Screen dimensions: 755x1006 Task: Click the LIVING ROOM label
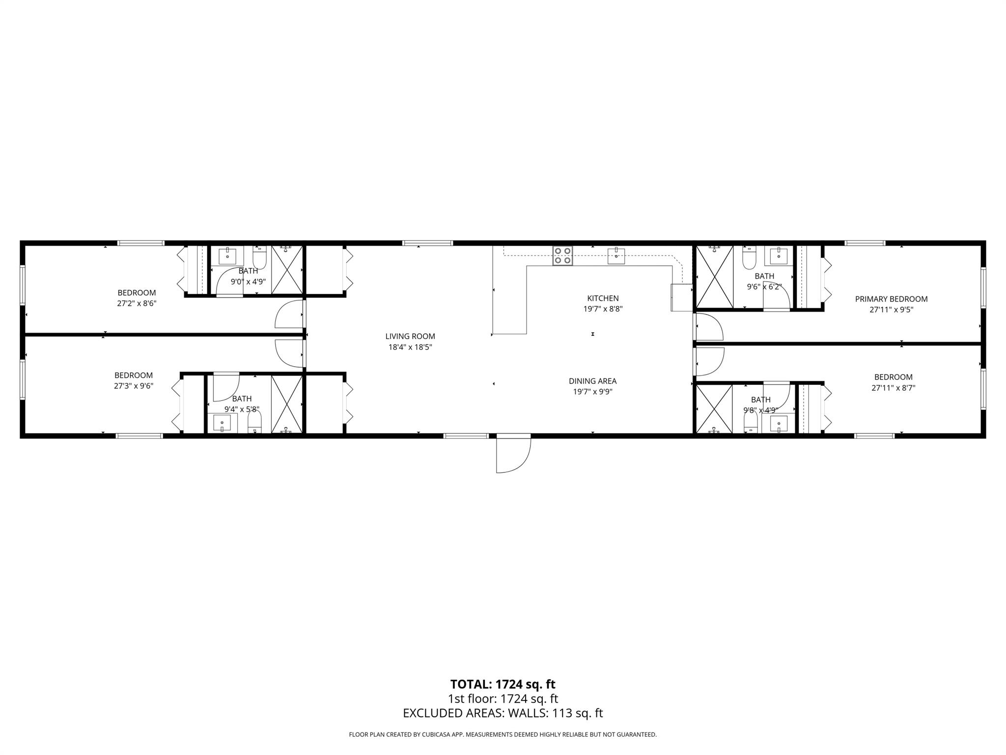point(410,336)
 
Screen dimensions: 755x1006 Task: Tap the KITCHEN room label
point(603,298)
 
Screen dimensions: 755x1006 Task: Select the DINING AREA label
point(592,381)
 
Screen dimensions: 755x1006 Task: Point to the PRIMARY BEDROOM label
point(891,299)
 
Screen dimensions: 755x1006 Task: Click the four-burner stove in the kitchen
point(562,256)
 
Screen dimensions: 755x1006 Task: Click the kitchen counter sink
point(616,256)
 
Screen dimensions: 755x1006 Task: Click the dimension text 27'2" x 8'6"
point(137,304)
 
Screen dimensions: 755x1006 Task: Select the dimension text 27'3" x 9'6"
point(134,386)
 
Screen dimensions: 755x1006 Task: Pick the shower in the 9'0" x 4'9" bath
point(287,269)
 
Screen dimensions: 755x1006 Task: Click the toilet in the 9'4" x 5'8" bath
point(254,421)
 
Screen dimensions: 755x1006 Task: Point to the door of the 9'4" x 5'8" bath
point(225,388)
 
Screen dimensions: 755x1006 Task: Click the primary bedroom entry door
point(708,327)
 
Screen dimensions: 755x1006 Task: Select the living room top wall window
point(427,243)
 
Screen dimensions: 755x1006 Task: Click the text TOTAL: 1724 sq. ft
point(503,684)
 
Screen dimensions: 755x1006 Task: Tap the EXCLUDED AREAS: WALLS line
point(503,713)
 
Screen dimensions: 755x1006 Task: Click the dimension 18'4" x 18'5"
point(410,348)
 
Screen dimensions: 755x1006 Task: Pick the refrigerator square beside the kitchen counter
point(681,297)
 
